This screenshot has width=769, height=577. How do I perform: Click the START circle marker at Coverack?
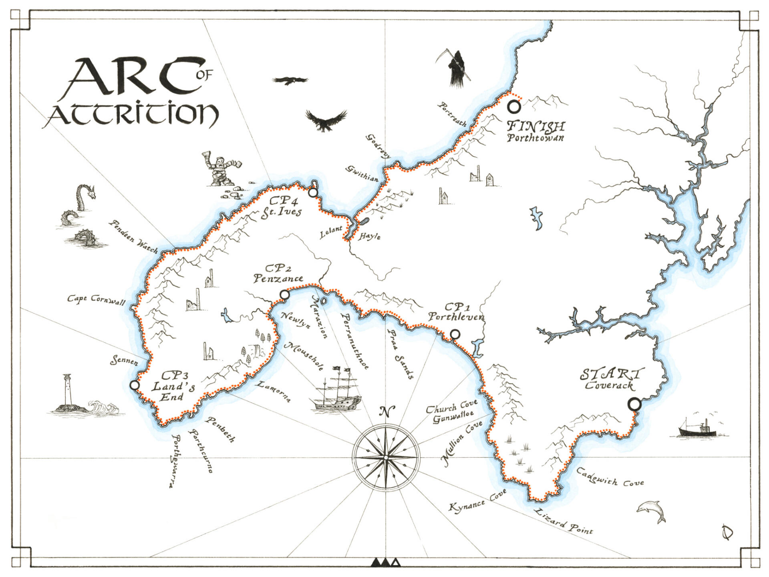pyautogui.click(x=634, y=404)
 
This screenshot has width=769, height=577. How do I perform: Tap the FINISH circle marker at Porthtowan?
pyautogui.click(x=514, y=107)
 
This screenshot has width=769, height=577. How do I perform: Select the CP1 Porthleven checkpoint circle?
pyautogui.click(x=455, y=334)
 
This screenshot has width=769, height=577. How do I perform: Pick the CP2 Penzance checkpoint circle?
pyautogui.click(x=284, y=295)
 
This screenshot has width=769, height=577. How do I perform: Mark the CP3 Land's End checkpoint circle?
pyautogui.click(x=135, y=385)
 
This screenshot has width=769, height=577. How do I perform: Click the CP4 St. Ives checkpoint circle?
pyautogui.click(x=313, y=193)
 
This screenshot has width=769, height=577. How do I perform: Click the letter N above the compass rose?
pyautogui.click(x=387, y=412)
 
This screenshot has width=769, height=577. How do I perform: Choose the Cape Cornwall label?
pyautogui.click(x=96, y=300)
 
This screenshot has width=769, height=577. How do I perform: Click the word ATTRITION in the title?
pyautogui.click(x=132, y=115)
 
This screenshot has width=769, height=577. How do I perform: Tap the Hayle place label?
pyautogui.click(x=369, y=236)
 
